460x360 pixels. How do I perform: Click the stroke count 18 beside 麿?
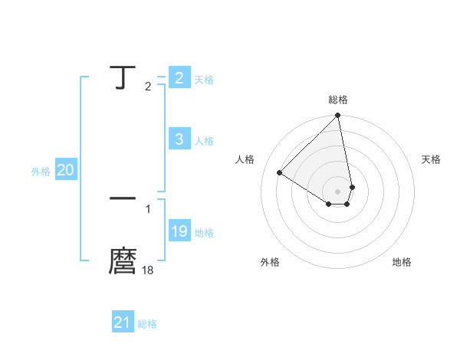point(148,270)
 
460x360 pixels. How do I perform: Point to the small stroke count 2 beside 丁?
point(148,87)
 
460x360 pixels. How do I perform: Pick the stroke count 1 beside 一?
point(148,208)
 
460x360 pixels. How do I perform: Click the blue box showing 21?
point(123,323)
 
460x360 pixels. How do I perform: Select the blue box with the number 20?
point(65,171)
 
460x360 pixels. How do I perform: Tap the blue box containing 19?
point(179,232)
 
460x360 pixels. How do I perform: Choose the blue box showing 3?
point(179,139)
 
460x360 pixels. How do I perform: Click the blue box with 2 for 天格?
point(179,78)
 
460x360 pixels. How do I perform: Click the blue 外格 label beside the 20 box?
point(41,172)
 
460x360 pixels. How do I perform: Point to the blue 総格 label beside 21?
point(147,324)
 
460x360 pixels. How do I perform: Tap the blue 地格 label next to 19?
point(204,233)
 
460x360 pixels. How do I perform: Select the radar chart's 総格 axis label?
point(338,100)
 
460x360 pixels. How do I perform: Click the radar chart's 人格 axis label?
point(245,159)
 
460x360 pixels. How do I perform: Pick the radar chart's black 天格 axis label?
point(431,159)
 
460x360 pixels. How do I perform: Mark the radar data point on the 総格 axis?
point(338,116)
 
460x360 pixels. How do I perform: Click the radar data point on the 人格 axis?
point(280,172)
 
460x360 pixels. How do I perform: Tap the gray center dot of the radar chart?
point(338,191)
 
